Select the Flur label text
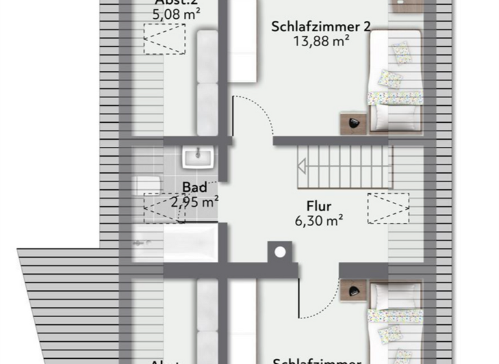319,206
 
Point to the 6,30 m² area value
319,220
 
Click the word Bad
194,188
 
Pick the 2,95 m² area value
194,201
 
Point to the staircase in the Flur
345,167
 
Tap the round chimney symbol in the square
281,252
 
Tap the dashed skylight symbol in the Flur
388,207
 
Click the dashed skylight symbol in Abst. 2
164,39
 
